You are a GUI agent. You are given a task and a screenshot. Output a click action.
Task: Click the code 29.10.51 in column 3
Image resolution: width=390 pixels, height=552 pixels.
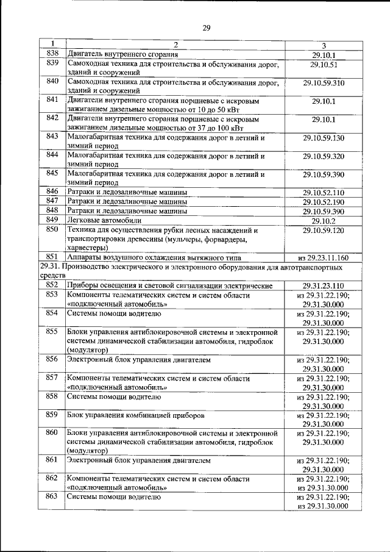[324, 63]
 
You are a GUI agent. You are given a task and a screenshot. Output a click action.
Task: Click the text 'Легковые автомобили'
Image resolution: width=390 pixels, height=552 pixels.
[104, 220]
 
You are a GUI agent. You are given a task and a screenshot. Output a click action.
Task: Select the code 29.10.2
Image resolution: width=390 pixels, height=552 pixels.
[324, 220]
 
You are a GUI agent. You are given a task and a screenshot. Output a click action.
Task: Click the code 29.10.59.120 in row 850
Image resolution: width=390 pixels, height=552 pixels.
[324, 231]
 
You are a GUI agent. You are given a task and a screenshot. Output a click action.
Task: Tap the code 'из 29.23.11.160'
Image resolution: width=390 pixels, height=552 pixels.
[324, 257]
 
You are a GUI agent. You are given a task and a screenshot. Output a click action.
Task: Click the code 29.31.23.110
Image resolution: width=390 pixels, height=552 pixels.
[324, 285]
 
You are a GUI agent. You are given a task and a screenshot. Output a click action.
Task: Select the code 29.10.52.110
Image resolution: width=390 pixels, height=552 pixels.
[324, 193]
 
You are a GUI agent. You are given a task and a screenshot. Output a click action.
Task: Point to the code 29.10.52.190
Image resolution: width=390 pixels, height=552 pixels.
[324, 202]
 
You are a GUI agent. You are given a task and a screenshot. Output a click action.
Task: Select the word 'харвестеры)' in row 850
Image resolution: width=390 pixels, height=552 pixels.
[89, 248]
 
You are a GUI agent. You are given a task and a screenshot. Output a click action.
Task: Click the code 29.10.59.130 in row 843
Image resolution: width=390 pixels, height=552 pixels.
[324, 138]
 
